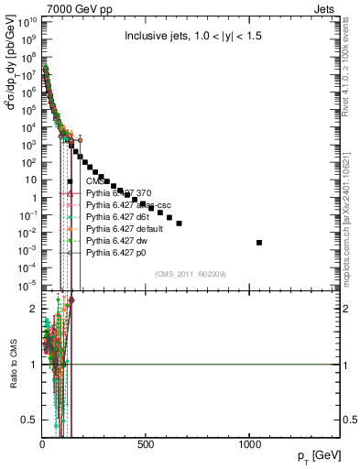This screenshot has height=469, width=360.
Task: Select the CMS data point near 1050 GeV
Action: [x=259, y=243]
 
